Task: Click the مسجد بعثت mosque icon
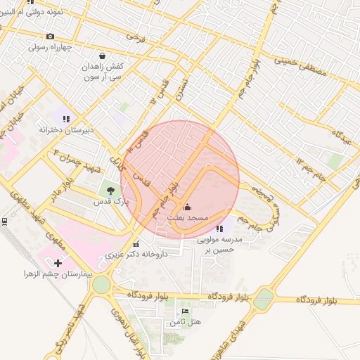(187, 207)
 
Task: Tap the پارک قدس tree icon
(109, 189)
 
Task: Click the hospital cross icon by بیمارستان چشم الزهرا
(58, 262)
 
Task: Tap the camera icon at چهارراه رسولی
(50, 37)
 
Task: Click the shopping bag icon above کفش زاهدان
(103, 55)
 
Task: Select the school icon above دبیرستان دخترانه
(66, 119)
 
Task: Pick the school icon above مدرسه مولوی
(220, 229)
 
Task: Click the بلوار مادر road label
(67, 190)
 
